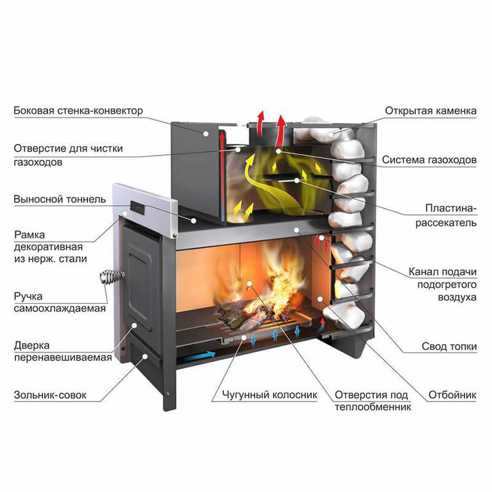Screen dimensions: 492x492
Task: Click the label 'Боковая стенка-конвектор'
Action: pyautogui.click(x=78, y=111)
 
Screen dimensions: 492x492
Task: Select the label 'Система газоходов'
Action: pyautogui.click(x=429, y=160)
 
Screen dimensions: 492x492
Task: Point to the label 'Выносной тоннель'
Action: pyautogui.click(x=60, y=199)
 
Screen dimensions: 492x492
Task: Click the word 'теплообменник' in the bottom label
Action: pyautogui.click(x=373, y=406)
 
